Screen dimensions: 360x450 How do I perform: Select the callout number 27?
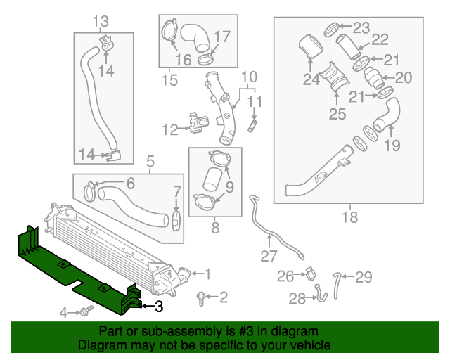coord(270,255)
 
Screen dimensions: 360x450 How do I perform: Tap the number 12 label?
coord(169,129)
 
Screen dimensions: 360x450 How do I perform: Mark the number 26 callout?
coord(285,276)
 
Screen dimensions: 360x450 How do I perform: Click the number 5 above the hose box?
coord(149,163)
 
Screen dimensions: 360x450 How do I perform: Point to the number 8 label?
coord(214,227)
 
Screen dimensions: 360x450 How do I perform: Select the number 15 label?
coord(169,80)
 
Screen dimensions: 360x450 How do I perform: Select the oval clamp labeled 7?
coord(176,220)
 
